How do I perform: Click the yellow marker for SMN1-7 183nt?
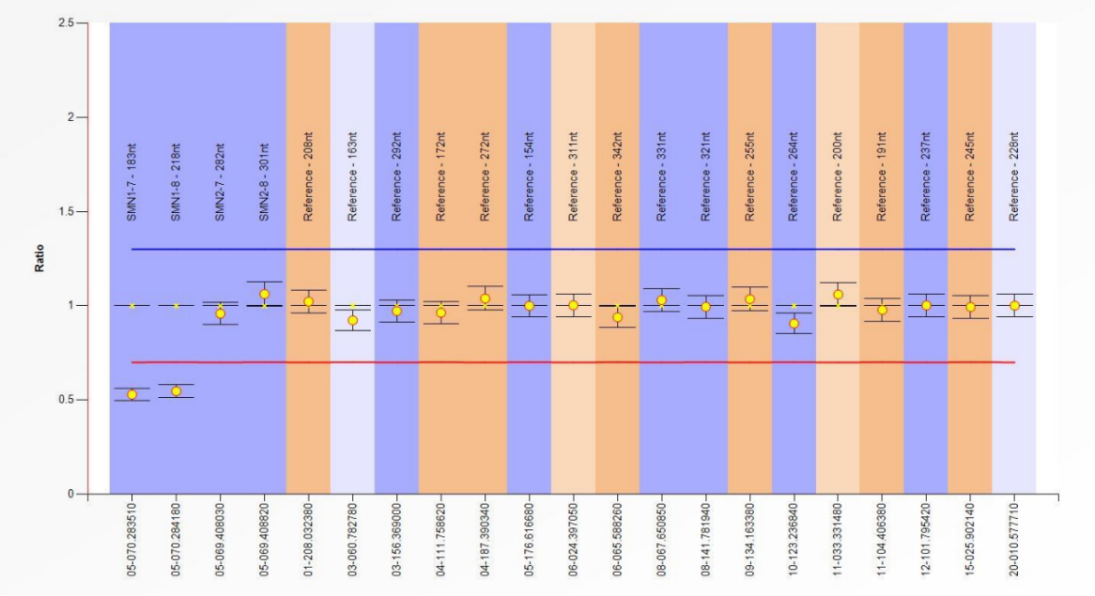[x=132, y=394]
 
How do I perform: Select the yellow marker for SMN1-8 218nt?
[x=176, y=390]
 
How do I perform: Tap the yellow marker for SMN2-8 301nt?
[x=265, y=294]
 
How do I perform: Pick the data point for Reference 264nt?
[x=794, y=324]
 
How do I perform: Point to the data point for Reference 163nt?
[x=353, y=320]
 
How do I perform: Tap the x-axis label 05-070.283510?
[x=132, y=540]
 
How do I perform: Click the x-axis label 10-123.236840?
[x=794, y=540]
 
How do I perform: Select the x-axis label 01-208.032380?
[x=309, y=540]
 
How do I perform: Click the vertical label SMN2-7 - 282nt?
[x=221, y=182]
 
